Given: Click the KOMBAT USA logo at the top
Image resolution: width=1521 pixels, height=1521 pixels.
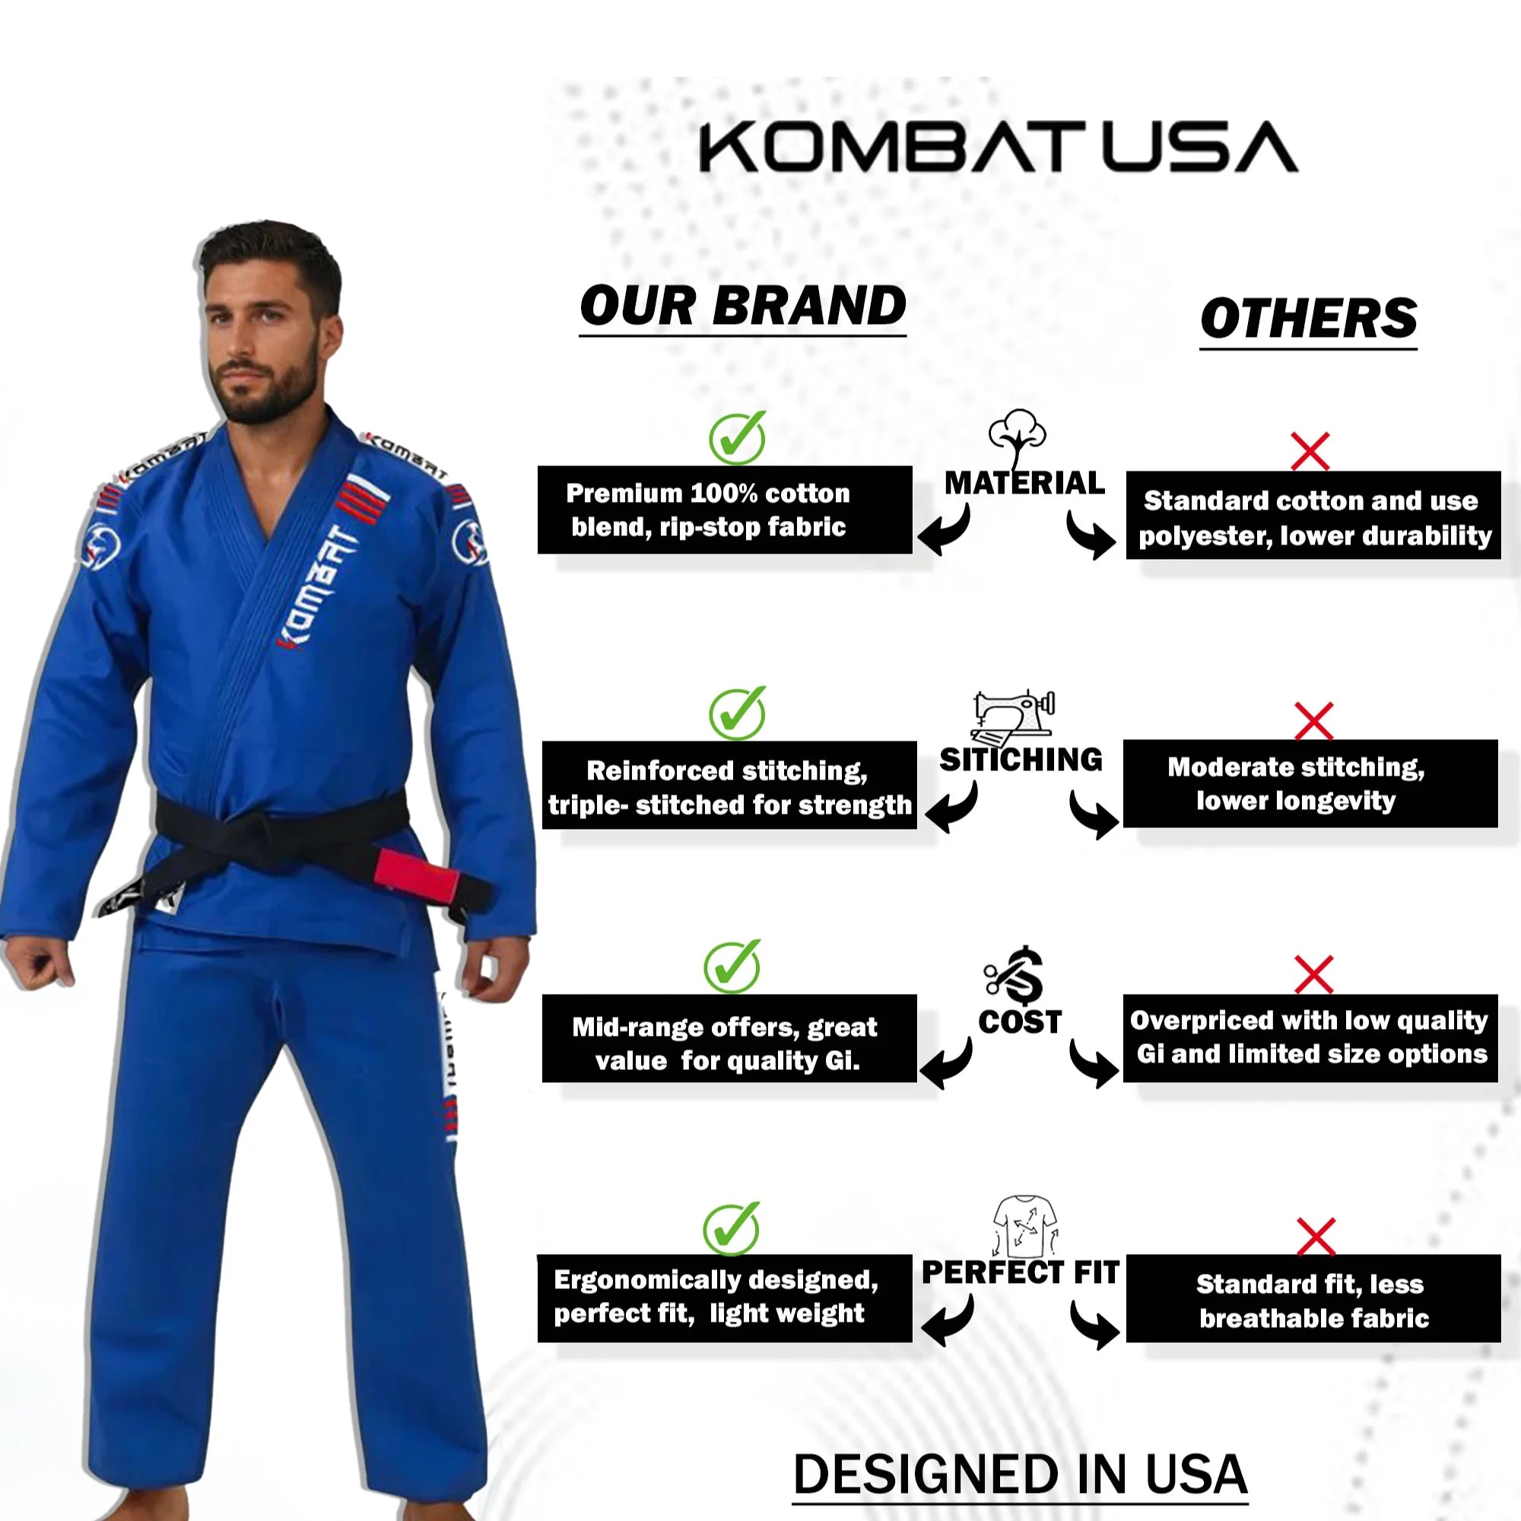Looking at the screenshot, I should pos(999,147).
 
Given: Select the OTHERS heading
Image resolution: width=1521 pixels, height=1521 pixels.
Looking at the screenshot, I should pos(1307,318).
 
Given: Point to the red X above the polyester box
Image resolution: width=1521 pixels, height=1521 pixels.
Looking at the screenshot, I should pos(1310,451).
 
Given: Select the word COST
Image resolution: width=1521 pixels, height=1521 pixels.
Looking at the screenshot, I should pos(1020,1022).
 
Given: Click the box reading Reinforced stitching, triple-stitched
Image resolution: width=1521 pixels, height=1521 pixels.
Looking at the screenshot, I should pos(729,786).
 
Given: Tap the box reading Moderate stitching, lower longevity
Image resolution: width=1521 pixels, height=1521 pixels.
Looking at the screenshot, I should pos(1310,783).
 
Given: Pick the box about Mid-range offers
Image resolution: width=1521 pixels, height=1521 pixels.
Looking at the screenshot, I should pos(729,1038).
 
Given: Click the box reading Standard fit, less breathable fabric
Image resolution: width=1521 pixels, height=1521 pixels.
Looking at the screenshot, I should pos(1313,1300).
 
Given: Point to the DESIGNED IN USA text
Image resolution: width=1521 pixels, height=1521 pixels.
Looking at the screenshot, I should pos(1020,1474).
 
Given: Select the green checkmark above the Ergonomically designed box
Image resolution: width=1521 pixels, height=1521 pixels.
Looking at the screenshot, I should pos(731,1229).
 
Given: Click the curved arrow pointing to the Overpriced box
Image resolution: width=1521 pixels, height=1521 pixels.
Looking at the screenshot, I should pos(1093,1063).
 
